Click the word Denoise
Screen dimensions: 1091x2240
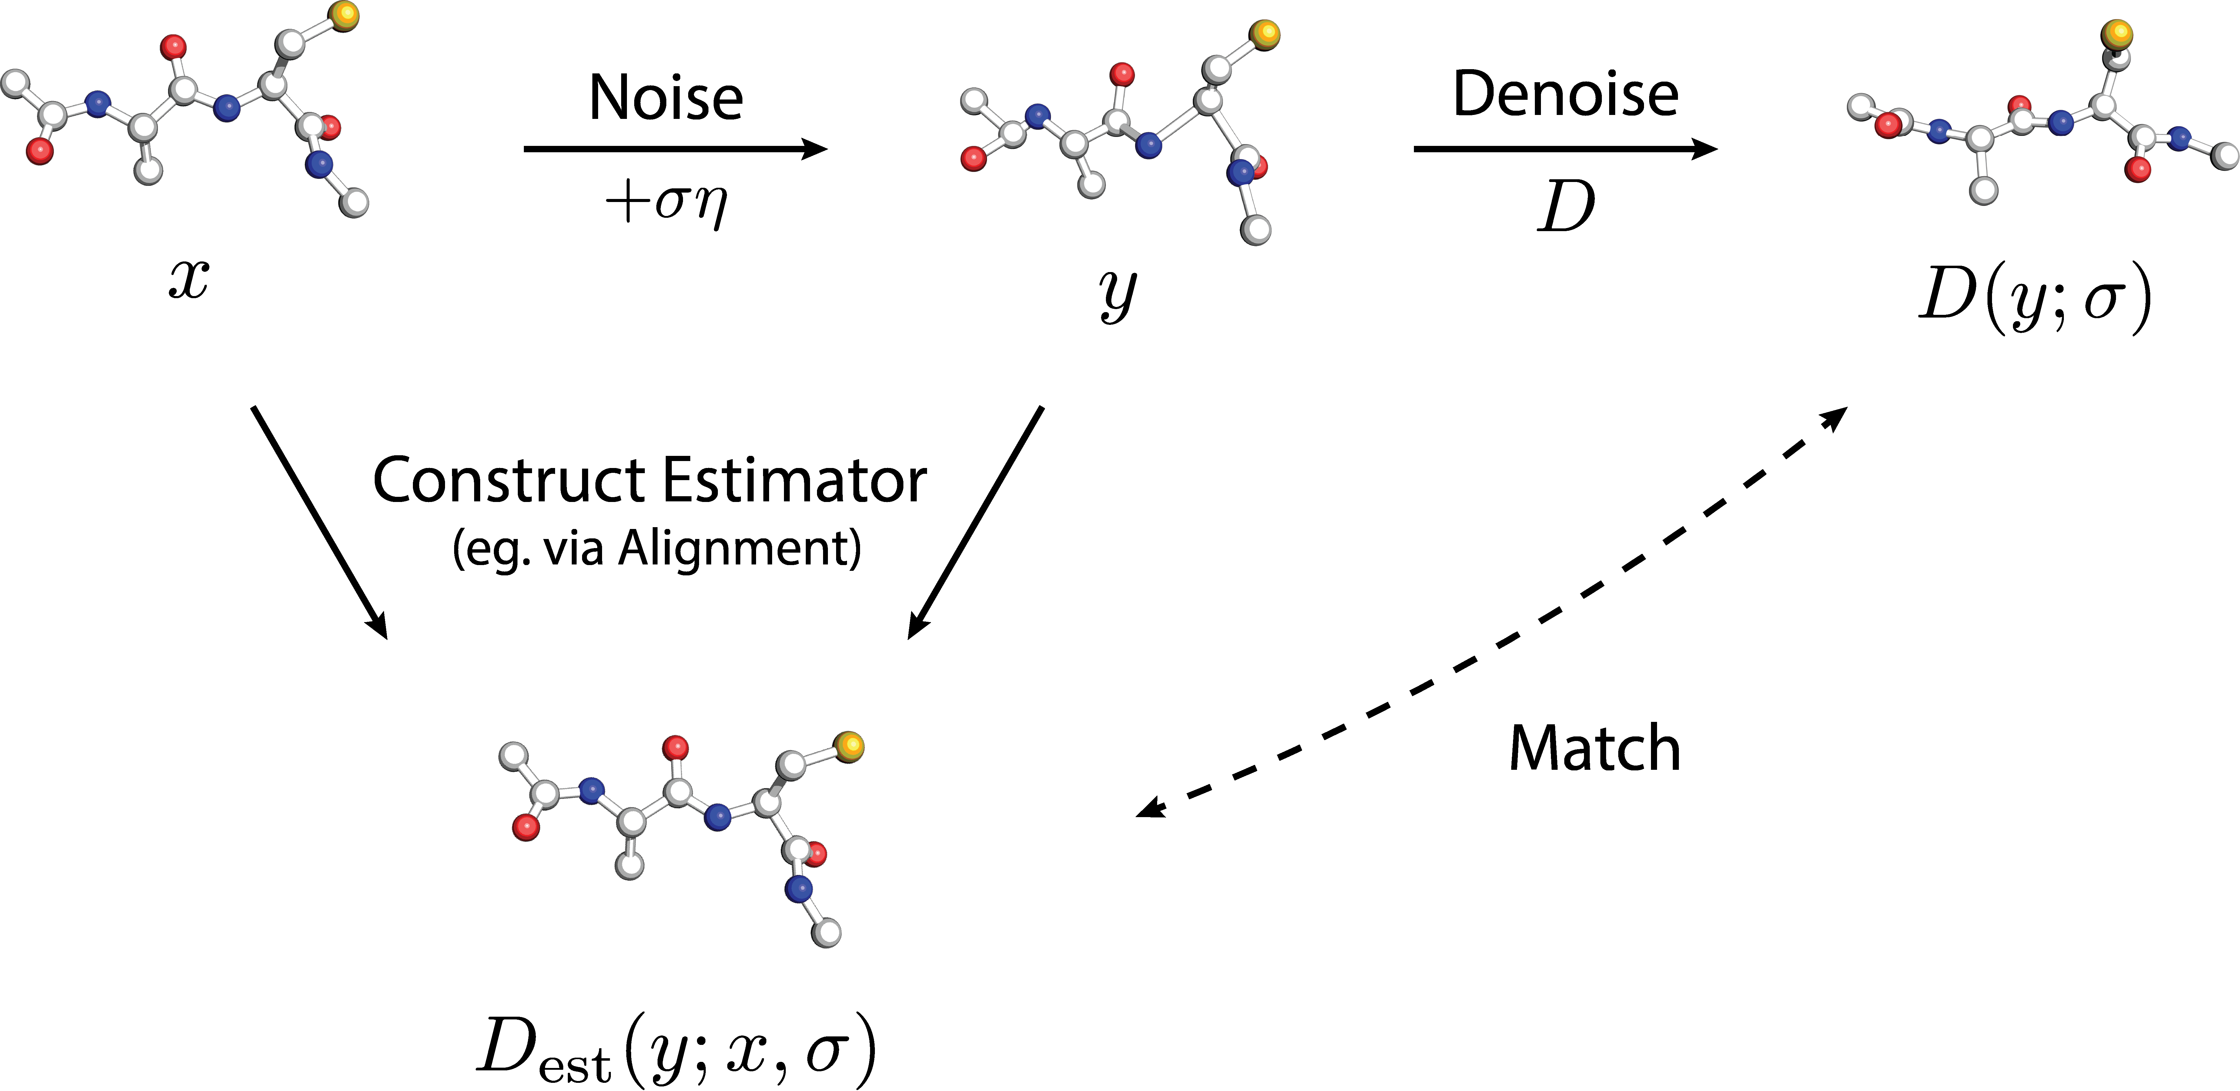point(1565,94)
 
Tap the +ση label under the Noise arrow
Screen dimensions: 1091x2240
point(666,204)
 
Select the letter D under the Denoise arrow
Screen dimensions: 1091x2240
point(1565,207)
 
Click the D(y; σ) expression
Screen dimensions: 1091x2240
point(2035,298)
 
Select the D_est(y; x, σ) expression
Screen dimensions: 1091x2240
point(677,1048)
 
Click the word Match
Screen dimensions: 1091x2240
point(1594,748)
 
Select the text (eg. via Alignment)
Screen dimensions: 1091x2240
point(657,548)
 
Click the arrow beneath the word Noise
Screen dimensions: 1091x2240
point(675,149)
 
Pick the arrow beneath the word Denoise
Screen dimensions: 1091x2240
point(1565,149)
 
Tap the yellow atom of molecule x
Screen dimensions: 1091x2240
point(344,15)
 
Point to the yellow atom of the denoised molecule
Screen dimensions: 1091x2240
point(2117,35)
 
